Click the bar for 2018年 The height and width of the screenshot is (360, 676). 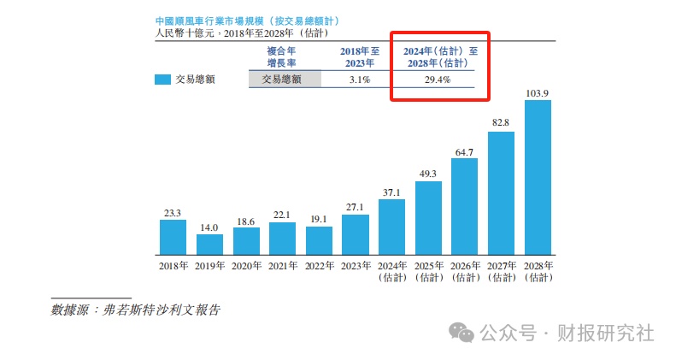point(173,237)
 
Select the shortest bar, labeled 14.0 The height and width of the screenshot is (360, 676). point(209,244)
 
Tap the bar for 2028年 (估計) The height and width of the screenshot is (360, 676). point(538,177)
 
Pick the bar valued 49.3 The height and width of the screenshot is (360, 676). point(428,217)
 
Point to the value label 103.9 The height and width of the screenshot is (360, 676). point(538,91)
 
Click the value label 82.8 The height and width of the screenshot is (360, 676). point(501,123)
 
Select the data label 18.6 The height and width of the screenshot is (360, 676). point(246,220)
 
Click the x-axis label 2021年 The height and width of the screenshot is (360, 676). point(282,266)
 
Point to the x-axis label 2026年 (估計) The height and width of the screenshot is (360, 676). point(465,271)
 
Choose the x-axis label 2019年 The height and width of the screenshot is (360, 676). point(209,266)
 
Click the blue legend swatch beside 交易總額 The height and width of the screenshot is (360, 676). point(162,80)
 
